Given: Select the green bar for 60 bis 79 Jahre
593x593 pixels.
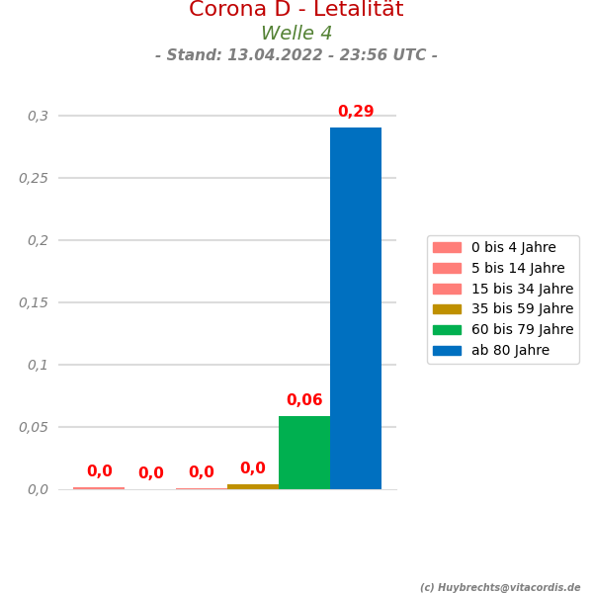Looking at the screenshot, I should [304, 453].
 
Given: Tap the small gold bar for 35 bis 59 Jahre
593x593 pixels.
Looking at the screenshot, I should [253, 486].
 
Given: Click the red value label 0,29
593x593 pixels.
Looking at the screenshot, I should [356, 113].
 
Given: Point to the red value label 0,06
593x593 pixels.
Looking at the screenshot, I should [304, 400].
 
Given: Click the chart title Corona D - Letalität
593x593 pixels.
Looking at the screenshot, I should [296, 10].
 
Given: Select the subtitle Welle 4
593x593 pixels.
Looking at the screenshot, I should [296, 34].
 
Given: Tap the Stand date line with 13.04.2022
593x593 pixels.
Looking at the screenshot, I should [296, 55].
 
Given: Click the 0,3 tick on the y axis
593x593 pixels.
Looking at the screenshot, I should [38, 116].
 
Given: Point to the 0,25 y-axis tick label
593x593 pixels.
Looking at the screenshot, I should [34, 178].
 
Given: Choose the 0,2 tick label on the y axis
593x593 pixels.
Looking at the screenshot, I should [38, 240].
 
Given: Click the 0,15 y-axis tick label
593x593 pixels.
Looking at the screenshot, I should [34, 302].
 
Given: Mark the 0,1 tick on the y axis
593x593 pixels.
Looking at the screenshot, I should [38, 365].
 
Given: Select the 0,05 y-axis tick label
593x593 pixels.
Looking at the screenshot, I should [34, 427].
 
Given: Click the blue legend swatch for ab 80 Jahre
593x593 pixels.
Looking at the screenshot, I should [447, 350].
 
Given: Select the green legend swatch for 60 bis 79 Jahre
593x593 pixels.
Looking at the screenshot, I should [447, 330].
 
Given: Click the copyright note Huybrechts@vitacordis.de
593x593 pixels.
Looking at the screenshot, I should [500, 587].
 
